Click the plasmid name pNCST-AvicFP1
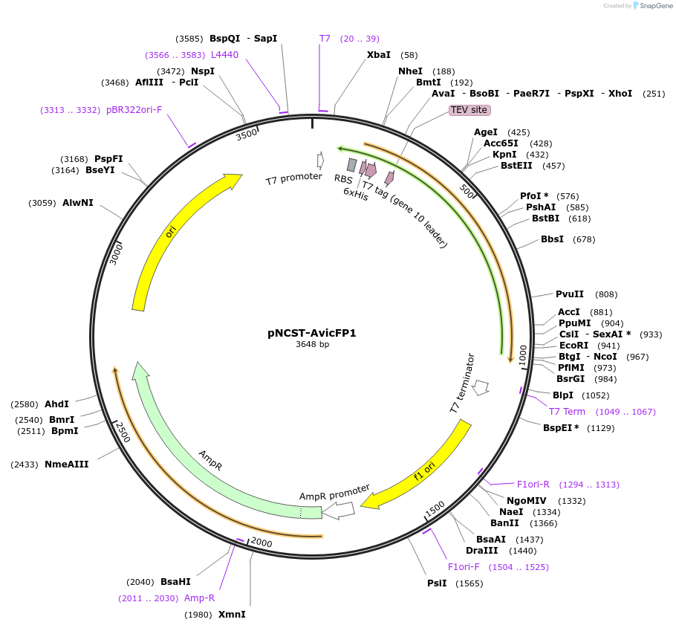click(311, 333)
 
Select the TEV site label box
click(469, 110)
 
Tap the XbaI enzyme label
click(378, 55)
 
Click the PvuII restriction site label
click(570, 294)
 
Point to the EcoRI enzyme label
click(573, 345)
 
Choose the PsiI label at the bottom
click(437, 583)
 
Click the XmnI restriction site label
click(231, 615)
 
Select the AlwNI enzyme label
click(77, 202)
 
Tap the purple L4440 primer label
click(224, 55)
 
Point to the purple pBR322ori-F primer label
click(134, 109)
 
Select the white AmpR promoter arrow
click(338, 511)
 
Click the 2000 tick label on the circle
click(261, 543)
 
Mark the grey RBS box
click(351, 165)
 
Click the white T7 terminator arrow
click(481, 386)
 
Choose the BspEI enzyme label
click(561, 428)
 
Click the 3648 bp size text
click(312, 344)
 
